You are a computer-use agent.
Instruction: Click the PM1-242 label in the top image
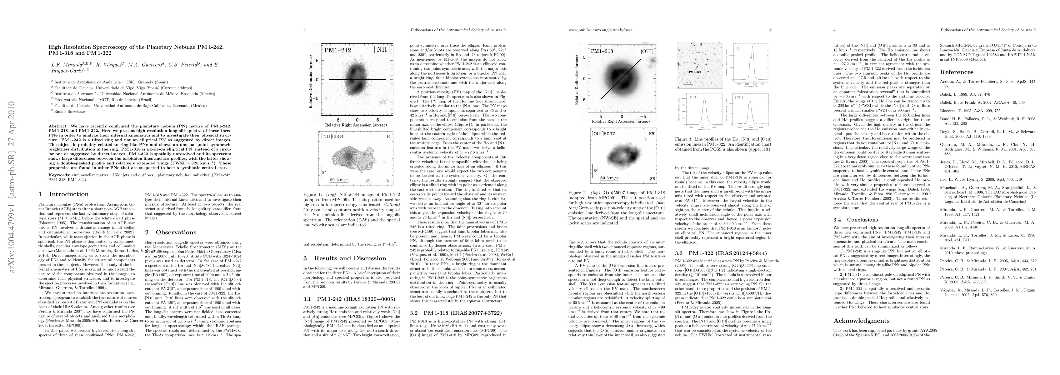(x=338, y=51)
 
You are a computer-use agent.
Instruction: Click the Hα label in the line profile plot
(x=738, y=48)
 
